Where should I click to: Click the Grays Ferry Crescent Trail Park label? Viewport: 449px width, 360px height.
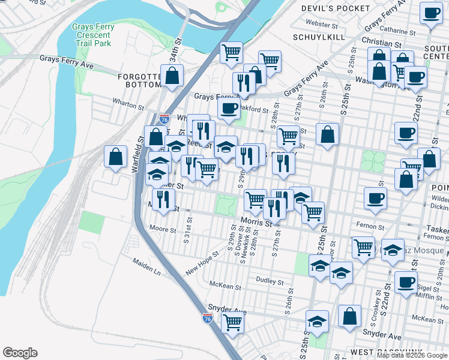pos(91,35)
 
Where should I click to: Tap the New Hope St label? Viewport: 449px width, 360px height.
pos(202,262)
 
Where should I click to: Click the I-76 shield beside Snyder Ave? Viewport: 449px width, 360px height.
pos(208,319)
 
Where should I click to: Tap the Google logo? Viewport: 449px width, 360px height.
pos(20,353)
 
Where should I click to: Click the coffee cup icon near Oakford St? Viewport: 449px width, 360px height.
pos(228,108)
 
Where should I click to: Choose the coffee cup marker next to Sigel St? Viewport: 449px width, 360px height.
pos(406,281)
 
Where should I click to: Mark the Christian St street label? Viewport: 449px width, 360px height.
pos(382,43)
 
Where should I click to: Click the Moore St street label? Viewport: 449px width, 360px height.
pos(162,229)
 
